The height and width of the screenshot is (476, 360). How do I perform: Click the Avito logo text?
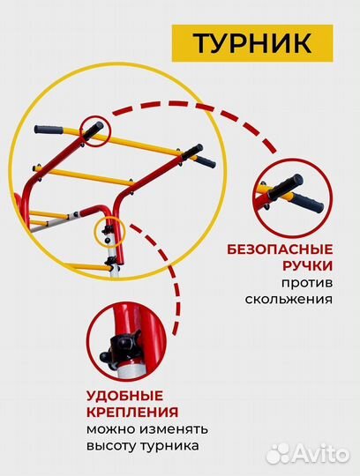(322, 453)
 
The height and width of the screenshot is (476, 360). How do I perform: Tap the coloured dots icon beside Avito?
(280, 452)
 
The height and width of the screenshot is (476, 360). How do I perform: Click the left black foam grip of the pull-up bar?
(57, 130)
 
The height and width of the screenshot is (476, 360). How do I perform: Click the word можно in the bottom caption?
(109, 429)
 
